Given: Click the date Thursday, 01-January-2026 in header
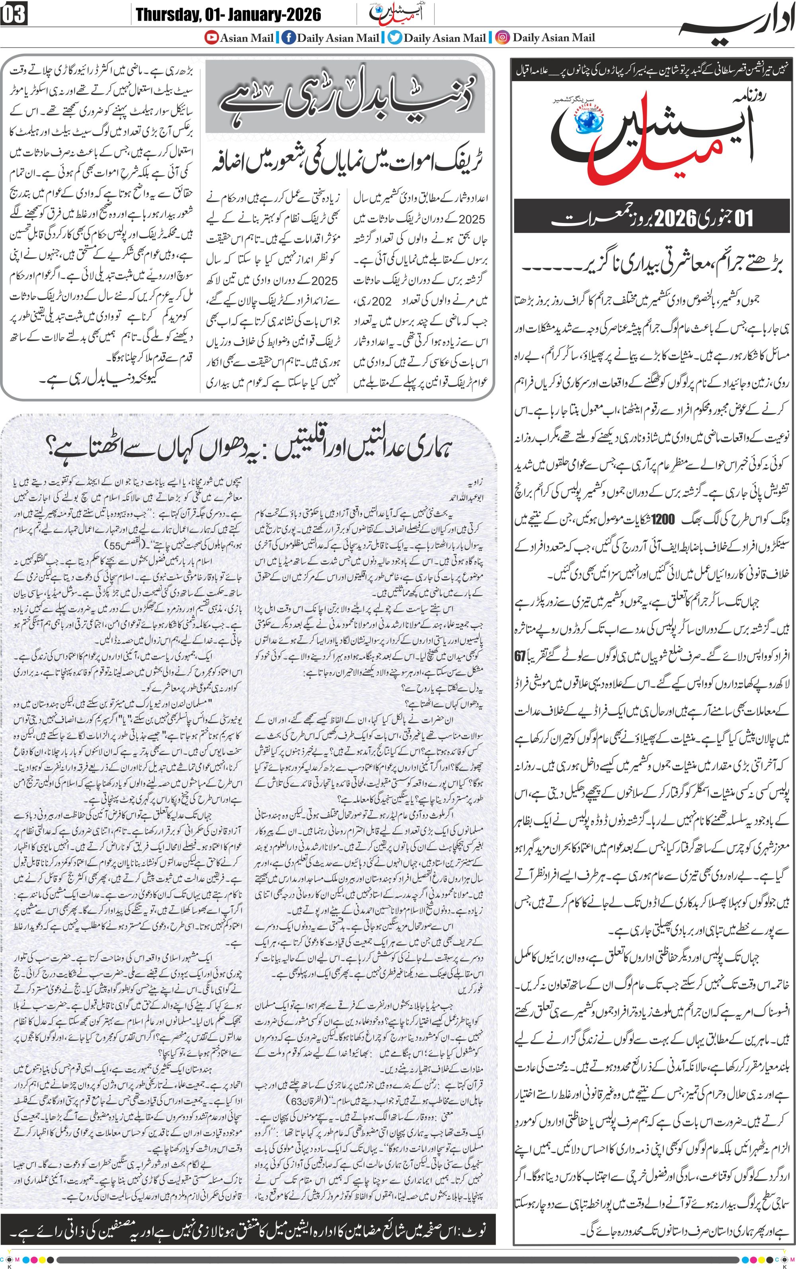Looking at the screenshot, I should coord(228,14).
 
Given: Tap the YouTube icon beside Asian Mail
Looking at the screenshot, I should coord(212,37).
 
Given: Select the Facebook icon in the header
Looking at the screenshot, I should coord(289,37).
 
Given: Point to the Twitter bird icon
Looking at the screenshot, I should coord(395,37).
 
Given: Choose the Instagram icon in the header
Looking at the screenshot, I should coord(503,37).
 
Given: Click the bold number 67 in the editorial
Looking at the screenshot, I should coord(520,657).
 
